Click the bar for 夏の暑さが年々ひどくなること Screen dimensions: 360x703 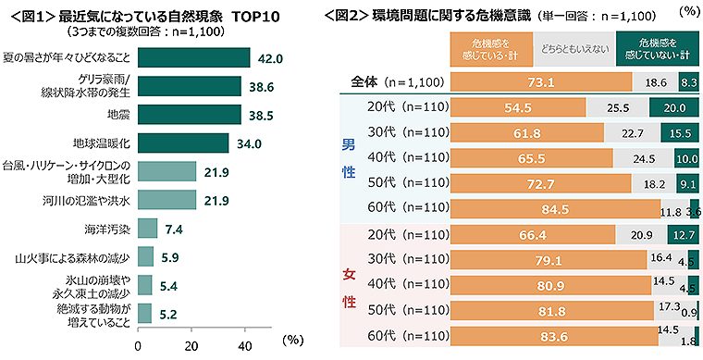coord(193,57)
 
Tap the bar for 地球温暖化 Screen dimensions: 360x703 coord(183,143)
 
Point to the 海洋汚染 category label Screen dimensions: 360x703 coord(107,227)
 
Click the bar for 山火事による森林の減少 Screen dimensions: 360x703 coord(145,255)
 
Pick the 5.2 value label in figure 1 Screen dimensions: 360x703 coord(166,313)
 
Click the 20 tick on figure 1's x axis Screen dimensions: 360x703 coord(191,345)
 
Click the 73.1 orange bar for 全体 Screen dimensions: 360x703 coord(541,82)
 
